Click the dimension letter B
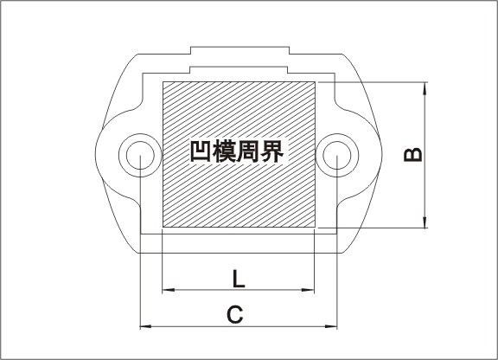(x=413, y=155)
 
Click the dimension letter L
(x=239, y=279)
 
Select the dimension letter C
(x=235, y=314)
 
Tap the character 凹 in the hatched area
(x=201, y=151)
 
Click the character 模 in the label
(x=224, y=151)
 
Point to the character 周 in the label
(x=248, y=151)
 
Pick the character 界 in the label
(x=271, y=151)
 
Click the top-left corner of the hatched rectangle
(x=163, y=81)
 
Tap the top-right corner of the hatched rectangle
(x=315, y=81)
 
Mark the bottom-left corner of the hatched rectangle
(x=163, y=227)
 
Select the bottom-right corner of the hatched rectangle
(x=315, y=227)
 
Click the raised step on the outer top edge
(x=239, y=47)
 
